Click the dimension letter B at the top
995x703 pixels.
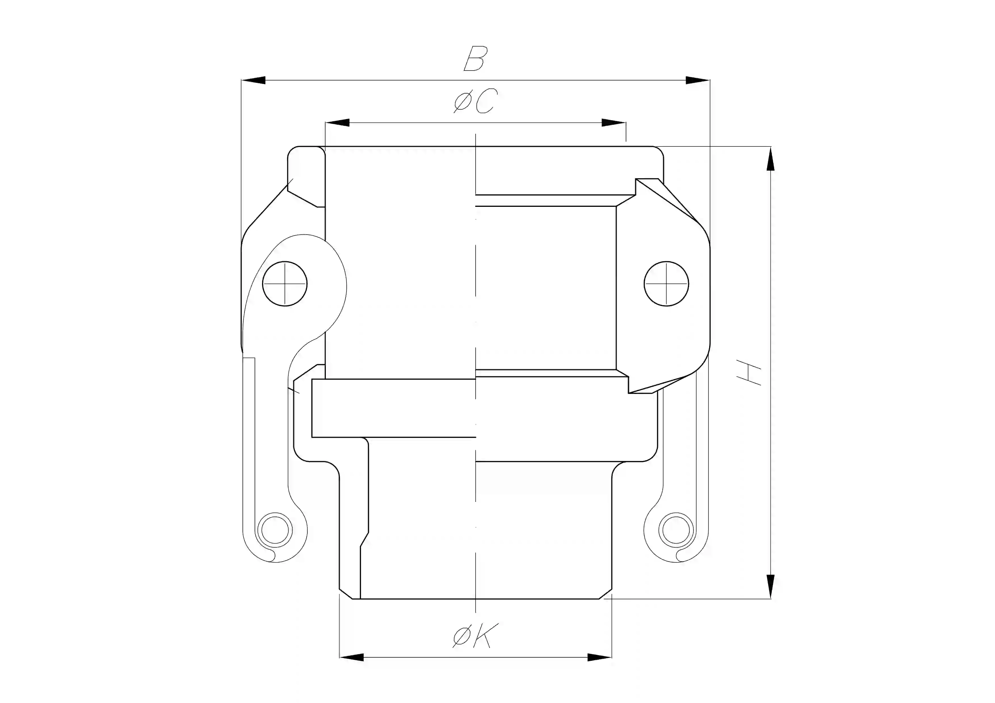point(476,59)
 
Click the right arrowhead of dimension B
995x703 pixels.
point(698,80)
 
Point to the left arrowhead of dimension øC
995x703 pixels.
point(337,123)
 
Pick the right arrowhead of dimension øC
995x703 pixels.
point(614,123)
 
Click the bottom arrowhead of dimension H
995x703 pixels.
point(770,587)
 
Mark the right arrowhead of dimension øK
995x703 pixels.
point(599,657)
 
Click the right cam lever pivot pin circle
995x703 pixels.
point(667,284)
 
